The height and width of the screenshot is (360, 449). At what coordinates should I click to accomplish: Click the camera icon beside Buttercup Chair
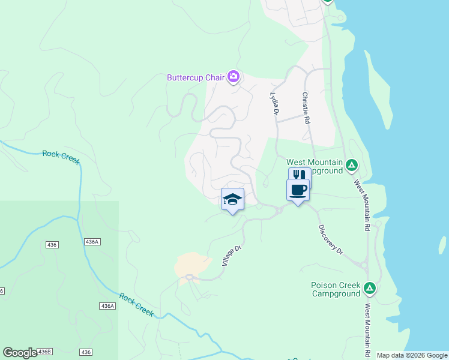[233, 77]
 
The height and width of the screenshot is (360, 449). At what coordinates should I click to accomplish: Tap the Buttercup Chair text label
[196, 77]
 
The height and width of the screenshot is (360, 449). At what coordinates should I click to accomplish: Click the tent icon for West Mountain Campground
[352, 166]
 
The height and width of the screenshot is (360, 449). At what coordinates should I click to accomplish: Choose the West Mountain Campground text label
[315, 166]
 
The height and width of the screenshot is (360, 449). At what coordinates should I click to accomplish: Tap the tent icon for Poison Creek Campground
[370, 289]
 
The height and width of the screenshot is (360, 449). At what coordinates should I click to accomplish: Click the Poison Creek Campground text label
[336, 289]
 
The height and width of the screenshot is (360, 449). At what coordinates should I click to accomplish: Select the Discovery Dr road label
[330, 239]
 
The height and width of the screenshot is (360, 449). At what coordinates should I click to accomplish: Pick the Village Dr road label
[231, 256]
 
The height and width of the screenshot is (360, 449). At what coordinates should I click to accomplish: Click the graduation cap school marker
[232, 200]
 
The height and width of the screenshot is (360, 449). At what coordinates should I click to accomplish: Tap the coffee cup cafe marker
[298, 190]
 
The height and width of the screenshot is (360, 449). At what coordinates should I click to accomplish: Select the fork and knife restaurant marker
[299, 176]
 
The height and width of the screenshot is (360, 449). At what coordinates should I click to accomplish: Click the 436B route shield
[44, 352]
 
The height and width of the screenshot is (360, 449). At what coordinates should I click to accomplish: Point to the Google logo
[20, 353]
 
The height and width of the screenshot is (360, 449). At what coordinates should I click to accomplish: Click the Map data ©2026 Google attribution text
[412, 355]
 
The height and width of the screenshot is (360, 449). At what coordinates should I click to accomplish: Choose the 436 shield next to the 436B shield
[86, 352]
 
